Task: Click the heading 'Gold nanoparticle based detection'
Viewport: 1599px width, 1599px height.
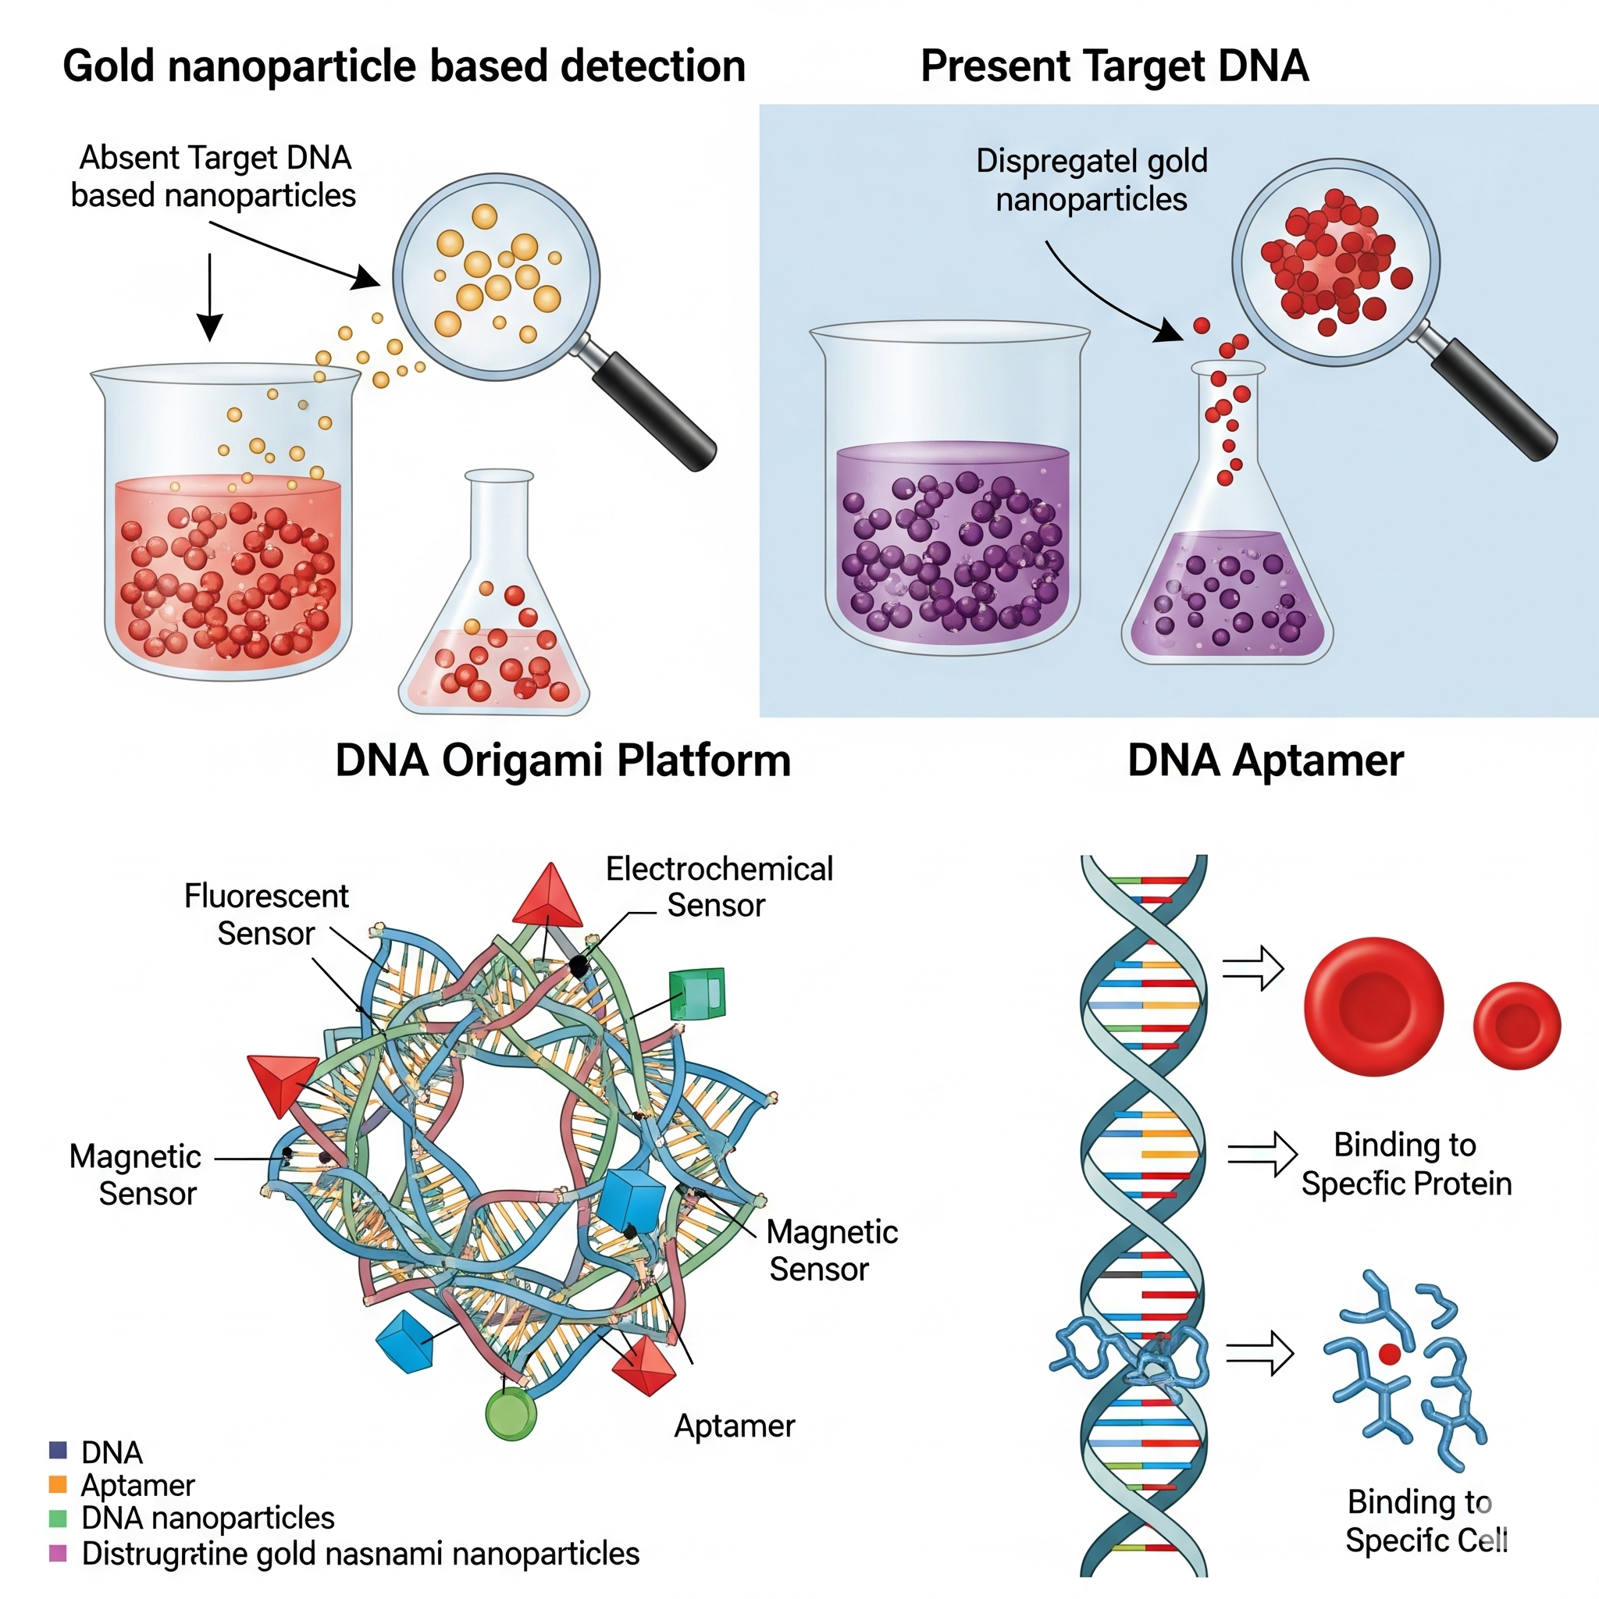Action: coord(404,66)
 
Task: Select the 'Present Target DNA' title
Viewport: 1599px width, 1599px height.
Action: coord(1114,66)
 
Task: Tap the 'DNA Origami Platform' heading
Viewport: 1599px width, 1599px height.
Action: coord(563,760)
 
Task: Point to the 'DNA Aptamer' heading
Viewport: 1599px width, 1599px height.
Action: coord(1266,760)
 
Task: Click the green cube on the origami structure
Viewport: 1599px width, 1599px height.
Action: coord(697,993)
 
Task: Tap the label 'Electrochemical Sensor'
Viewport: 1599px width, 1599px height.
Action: coord(718,886)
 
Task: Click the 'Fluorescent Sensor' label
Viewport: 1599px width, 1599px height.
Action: coord(265,913)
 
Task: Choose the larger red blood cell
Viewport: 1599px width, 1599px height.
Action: coord(1373,1006)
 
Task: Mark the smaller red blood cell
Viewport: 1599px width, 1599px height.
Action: coord(1516,1024)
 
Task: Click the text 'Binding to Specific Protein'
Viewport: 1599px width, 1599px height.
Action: coord(1405,1163)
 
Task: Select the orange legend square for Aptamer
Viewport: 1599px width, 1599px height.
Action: coord(58,1484)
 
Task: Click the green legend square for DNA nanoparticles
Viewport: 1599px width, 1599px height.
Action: coord(58,1518)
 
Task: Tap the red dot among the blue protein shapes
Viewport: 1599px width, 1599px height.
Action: coord(1389,1354)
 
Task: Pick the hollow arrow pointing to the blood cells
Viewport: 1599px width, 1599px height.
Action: coord(1253,967)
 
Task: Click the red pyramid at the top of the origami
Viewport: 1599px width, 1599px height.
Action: coord(548,897)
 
